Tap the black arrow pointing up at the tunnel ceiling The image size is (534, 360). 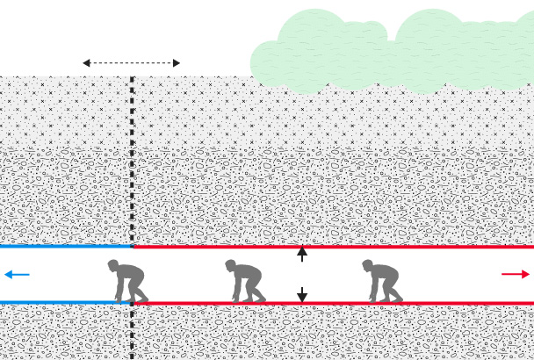pos(302,253)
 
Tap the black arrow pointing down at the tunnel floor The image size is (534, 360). pos(302,296)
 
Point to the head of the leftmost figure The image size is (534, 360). pos(113,265)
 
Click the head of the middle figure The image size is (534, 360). pos(231,265)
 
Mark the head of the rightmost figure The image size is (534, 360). pos(367,265)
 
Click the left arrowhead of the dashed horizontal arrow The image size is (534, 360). pos(86,63)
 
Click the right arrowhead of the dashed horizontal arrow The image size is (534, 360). pos(177,63)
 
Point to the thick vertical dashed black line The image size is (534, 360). pos(132,176)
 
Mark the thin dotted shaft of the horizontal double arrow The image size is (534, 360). pos(132,63)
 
